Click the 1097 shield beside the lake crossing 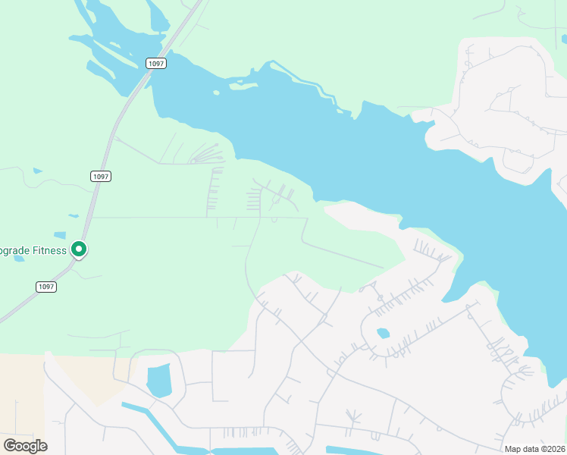156,64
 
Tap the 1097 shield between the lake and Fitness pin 101,176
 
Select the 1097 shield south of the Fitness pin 46,286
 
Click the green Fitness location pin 78,249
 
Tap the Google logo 25,445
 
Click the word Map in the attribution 514,449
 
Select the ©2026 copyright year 553,449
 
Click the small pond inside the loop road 383,333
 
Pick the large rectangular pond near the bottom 159,380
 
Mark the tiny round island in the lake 216,93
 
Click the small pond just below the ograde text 19,259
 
